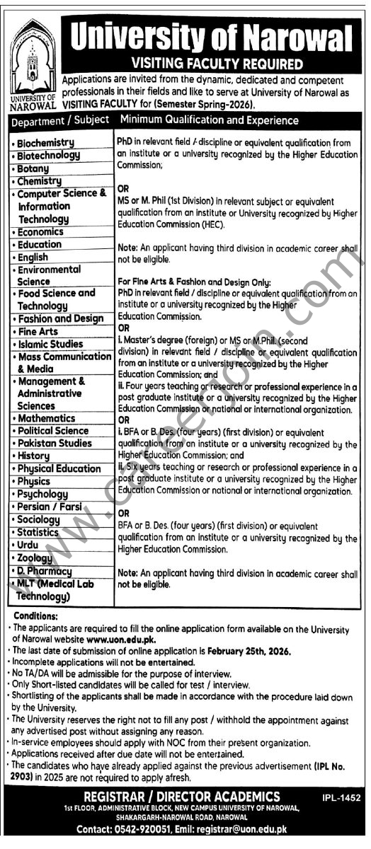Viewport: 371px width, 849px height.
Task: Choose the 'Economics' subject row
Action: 40,231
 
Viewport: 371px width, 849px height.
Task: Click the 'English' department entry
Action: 33,257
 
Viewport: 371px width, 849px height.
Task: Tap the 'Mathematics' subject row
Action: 46,418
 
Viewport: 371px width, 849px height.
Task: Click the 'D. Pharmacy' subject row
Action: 45,570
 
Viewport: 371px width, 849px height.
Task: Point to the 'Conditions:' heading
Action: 34,616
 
